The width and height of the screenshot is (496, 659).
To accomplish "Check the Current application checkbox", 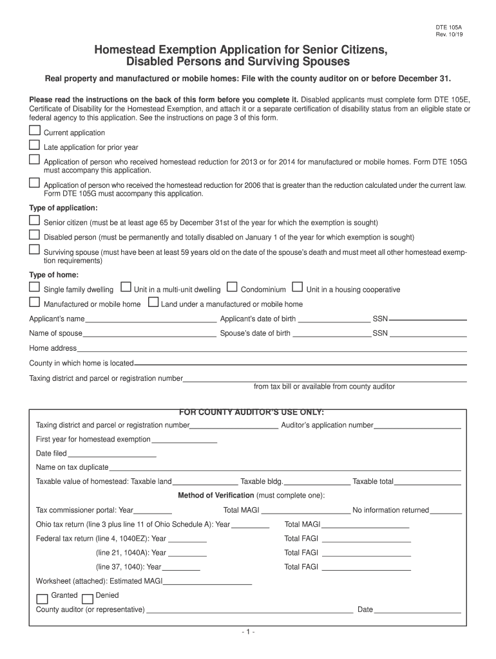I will tap(34, 131).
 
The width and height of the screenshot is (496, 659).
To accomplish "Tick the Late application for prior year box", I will tap(34, 145).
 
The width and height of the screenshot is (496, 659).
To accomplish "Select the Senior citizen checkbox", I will tap(34, 220).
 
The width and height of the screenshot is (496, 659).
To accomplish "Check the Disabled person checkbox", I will tap(34, 235).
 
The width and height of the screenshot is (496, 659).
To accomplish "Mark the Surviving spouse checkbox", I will tap(34, 250).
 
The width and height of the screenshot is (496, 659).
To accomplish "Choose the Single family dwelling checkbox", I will tap(34, 287).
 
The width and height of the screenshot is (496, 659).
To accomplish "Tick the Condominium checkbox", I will tap(232, 287).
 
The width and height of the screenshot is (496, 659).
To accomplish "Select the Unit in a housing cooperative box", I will tap(298, 287).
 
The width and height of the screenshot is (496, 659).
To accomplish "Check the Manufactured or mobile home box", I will tap(34, 302).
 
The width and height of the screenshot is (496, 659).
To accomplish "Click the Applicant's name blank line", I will tap(151, 319).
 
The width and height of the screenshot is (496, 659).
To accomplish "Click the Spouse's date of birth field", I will tap(332, 334).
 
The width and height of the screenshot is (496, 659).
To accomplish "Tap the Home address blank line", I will tap(271, 349).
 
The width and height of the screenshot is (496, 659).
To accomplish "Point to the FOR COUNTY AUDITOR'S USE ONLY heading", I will tap(251, 412).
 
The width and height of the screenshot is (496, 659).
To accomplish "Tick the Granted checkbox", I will tap(42, 599).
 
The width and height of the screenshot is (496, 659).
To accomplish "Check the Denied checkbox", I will tap(88, 599).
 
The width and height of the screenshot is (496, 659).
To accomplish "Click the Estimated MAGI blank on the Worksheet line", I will tap(207, 582).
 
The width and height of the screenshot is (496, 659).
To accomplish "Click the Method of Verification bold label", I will tap(216, 495).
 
